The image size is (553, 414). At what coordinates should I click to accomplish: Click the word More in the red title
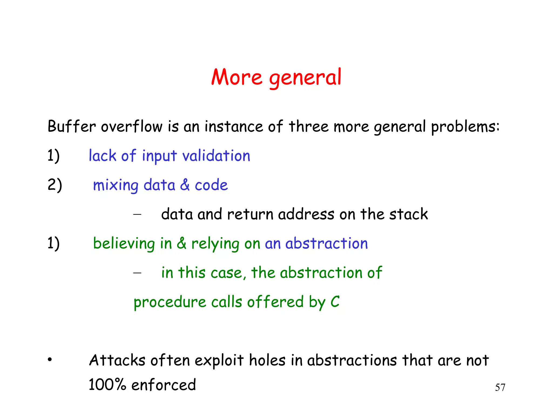(237, 77)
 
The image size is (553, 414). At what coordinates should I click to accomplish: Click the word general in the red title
(305, 78)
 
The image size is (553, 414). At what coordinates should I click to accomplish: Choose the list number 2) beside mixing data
(55, 185)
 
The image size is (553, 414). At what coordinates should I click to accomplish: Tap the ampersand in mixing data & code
(185, 185)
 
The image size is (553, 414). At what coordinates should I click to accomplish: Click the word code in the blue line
(211, 185)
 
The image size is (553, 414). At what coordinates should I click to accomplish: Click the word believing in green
(124, 243)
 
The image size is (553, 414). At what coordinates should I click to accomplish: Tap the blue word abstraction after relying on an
(326, 243)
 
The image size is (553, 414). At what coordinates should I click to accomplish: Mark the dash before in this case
(137, 273)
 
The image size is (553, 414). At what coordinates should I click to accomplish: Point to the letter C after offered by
(335, 302)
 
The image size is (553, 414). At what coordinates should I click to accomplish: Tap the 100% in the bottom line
(107, 385)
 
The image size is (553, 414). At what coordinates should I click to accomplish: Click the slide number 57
(500, 388)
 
